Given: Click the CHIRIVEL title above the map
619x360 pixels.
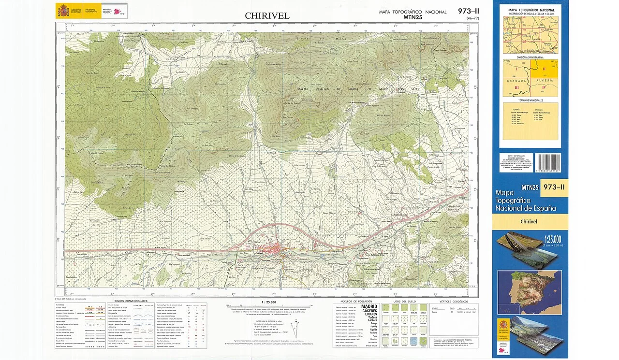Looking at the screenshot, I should pos(267,16).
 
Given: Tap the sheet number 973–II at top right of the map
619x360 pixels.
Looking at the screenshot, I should pos(468,11).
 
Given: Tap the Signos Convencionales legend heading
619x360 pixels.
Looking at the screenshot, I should pos(131,301).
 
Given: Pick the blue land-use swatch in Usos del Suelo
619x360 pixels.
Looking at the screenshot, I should pos(414,342).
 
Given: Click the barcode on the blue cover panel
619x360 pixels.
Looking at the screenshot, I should pos(547,163).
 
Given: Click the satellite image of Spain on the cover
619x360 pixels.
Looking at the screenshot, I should pos(530,292).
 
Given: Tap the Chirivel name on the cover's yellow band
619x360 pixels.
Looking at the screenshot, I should pos(530,222).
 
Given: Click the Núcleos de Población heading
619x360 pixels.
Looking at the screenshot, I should pos(356,301).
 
